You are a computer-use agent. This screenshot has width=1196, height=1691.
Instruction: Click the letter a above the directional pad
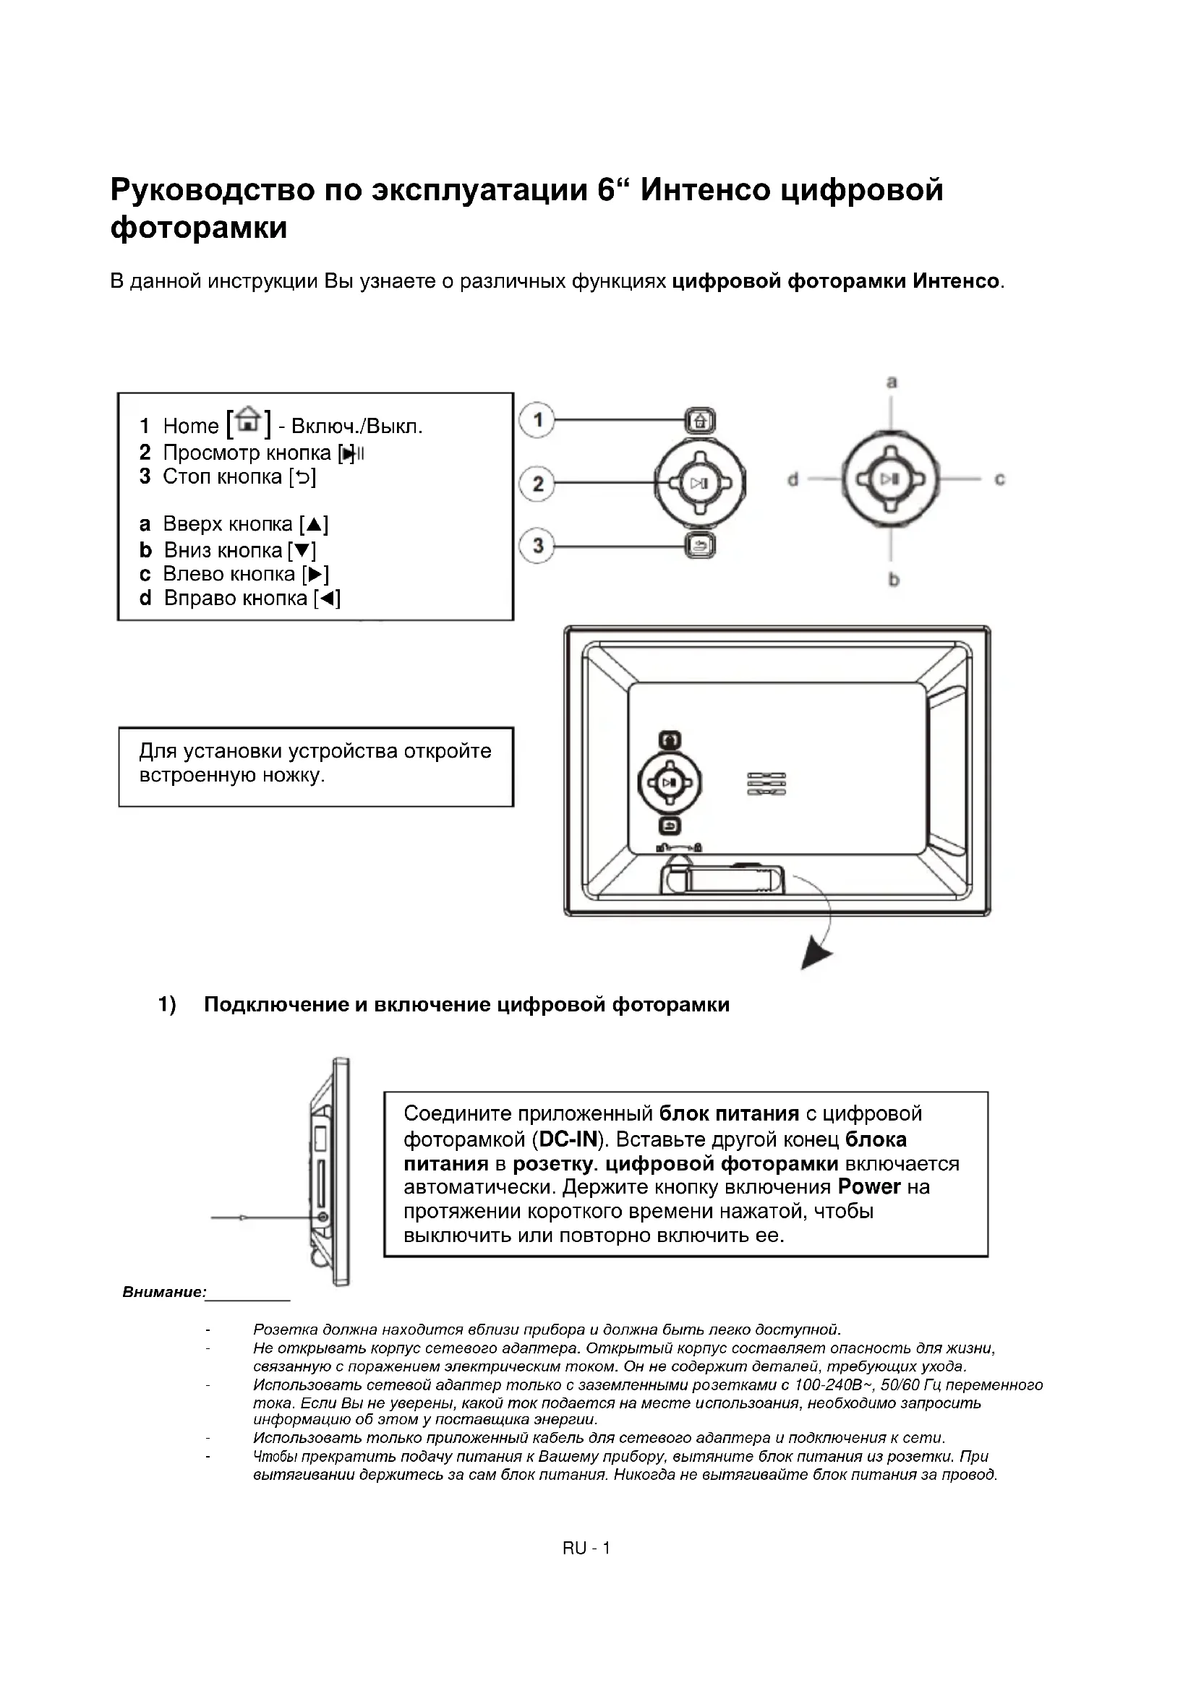892,382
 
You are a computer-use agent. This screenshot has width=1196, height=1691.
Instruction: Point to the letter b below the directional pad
893,580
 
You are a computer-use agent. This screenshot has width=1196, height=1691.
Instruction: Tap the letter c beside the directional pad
999,479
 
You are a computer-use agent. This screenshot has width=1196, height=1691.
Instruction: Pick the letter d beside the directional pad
793,480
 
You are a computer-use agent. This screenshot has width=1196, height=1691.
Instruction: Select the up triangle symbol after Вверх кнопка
315,525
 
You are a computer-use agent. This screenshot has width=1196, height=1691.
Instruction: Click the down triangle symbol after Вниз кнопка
302,550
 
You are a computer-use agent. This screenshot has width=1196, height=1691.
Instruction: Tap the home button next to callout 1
701,421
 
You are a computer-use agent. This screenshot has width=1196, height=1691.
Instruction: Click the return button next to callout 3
701,547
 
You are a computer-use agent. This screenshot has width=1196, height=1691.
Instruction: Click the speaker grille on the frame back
766,784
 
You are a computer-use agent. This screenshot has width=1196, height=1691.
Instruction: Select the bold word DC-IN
567,1140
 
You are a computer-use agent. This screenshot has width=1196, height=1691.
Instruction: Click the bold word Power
869,1187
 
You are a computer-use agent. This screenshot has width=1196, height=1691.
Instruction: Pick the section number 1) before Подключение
167,1005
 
